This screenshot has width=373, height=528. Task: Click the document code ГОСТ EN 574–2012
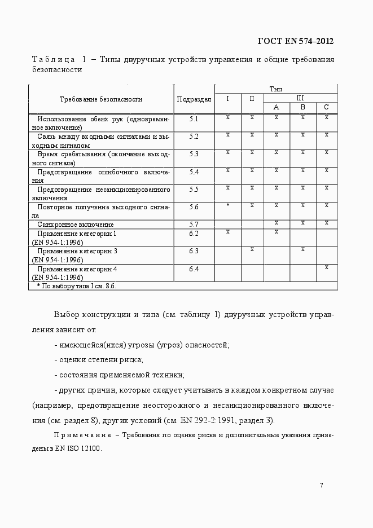pos(295,41)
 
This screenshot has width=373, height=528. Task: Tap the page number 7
pos(321,485)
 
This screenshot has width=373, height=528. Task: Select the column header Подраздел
pos(194,99)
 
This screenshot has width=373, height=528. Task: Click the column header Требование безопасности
pos(101,99)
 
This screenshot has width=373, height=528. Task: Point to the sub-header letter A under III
pos(276,107)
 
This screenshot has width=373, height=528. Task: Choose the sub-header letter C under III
pos(326,107)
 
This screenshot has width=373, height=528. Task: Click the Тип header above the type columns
pos(276,89)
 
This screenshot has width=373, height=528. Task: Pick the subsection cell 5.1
pos(194,118)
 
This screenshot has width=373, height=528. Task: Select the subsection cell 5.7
pos(194,224)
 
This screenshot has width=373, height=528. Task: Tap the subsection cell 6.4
pos(194,269)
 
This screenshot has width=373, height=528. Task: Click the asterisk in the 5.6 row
pos(227,206)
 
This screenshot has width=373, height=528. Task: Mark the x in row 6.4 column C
pos(326,267)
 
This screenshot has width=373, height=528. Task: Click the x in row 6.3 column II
pos(252,249)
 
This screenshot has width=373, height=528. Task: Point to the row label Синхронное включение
pos(75,225)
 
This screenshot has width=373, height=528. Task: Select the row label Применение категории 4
pos(77,269)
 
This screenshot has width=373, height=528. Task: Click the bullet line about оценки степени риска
pos(98,359)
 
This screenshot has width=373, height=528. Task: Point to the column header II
pos(252,98)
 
